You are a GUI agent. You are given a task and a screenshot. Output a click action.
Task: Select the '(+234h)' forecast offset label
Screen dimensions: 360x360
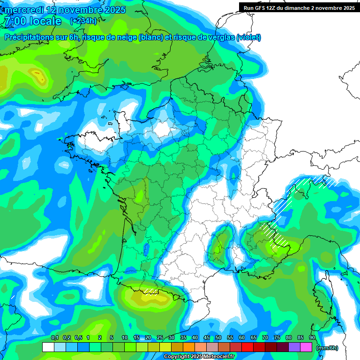coord(83,21)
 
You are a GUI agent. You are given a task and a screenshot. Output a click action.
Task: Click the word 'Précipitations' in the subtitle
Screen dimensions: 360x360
coord(28,37)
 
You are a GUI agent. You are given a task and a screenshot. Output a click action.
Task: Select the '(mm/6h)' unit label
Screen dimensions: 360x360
coord(327,348)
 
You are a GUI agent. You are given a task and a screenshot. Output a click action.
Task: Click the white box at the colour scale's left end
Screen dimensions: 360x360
coord(48,347)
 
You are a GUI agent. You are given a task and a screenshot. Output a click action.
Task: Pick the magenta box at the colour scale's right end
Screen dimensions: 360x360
coord(306,347)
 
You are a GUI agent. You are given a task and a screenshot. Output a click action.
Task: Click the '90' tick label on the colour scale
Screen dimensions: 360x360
coord(312,338)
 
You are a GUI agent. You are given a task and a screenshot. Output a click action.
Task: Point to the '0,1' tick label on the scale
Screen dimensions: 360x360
coord(54,338)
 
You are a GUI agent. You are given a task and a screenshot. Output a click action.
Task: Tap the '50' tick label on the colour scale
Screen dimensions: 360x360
coord(218,338)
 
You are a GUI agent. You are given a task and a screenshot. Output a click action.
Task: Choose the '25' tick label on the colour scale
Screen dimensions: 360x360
coord(160,338)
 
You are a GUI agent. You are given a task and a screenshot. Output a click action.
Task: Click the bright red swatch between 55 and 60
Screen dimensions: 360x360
coord(247,347)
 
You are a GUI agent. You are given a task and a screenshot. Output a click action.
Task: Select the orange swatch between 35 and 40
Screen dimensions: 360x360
coord(188,347)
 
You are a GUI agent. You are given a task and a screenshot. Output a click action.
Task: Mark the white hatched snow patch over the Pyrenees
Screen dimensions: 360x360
coord(151,291)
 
